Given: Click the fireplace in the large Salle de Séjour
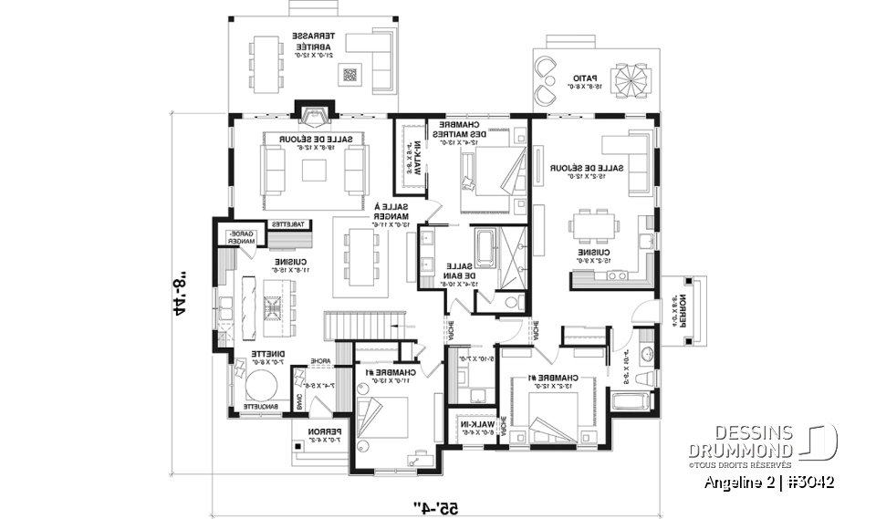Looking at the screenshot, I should tap(315, 115).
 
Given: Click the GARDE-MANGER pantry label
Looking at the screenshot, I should tap(241, 238).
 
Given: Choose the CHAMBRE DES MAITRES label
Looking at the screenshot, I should tap(461, 133).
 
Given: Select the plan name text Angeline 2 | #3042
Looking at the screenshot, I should tap(769, 482).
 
